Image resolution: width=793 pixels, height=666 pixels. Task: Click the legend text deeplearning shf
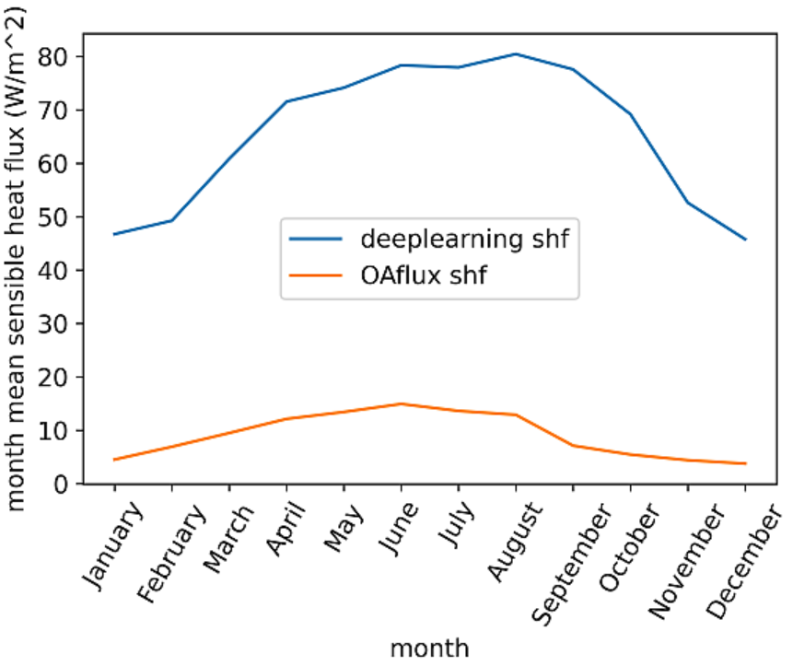[x=458, y=239]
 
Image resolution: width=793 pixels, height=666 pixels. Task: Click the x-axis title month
[x=429, y=648]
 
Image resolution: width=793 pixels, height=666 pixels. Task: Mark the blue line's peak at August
[x=516, y=53]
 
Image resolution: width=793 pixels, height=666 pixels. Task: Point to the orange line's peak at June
[x=401, y=403]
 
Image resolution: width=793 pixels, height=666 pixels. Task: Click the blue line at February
[x=171, y=220]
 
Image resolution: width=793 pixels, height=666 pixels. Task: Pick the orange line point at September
[x=573, y=445]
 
